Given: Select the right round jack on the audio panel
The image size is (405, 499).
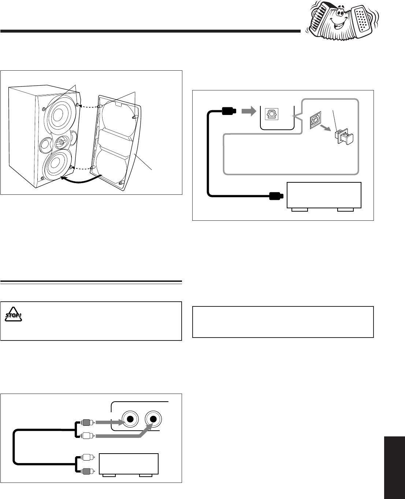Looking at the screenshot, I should (153, 419).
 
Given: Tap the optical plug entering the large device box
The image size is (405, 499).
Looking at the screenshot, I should (275, 196).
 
